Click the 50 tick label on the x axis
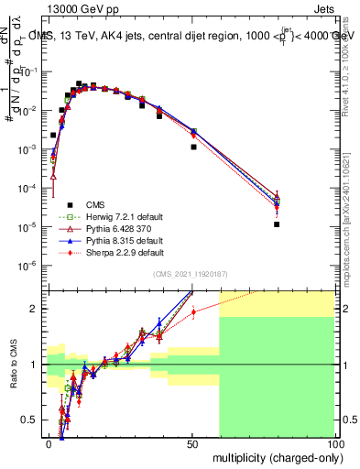point(192,444)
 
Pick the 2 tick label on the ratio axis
point(37,309)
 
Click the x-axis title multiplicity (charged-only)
point(273,457)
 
